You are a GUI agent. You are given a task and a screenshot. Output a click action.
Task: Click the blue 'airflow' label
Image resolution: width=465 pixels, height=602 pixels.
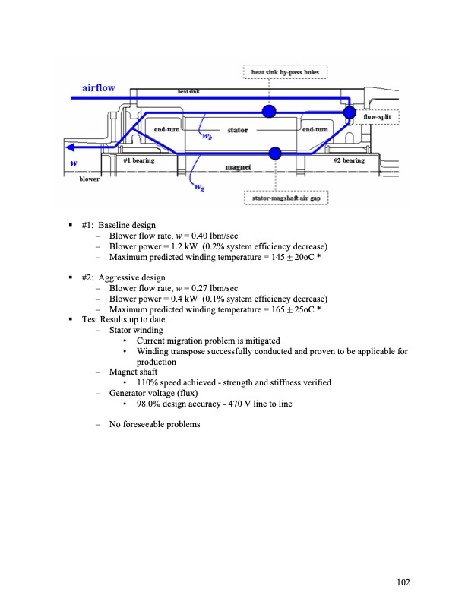click(x=98, y=87)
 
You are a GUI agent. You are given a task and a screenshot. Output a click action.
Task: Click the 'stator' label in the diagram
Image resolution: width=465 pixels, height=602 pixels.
click(x=238, y=131)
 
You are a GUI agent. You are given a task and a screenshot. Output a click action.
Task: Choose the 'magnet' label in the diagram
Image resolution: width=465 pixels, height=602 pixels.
click(x=238, y=166)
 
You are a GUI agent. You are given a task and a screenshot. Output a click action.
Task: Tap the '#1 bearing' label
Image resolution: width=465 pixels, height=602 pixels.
click(x=139, y=160)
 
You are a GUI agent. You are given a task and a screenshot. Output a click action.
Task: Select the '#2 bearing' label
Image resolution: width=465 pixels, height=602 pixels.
click(x=349, y=160)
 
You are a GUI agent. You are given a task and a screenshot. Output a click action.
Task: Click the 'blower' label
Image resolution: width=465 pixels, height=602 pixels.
click(x=90, y=179)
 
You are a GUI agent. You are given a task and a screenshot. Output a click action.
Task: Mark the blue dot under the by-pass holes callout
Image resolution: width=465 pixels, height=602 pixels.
click(x=268, y=112)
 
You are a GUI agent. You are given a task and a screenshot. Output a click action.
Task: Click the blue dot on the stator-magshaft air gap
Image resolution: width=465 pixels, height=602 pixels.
click(x=275, y=154)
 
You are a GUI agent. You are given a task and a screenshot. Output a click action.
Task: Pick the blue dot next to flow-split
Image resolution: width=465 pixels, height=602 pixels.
click(x=349, y=112)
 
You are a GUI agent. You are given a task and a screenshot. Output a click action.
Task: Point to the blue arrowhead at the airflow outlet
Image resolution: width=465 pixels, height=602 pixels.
click(x=70, y=147)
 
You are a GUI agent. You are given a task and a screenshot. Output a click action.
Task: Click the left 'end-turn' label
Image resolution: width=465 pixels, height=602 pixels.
click(x=166, y=131)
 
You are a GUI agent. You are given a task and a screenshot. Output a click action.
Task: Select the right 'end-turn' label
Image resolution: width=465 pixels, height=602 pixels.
click(x=315, y=131)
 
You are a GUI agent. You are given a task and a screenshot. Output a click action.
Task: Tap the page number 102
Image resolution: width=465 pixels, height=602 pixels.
click(x=403, y=582)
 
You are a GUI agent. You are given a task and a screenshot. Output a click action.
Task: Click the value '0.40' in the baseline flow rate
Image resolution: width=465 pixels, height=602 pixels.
click(x=197, y=236)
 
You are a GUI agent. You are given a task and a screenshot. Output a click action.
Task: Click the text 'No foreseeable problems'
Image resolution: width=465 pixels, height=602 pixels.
click(x=154, y=423)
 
